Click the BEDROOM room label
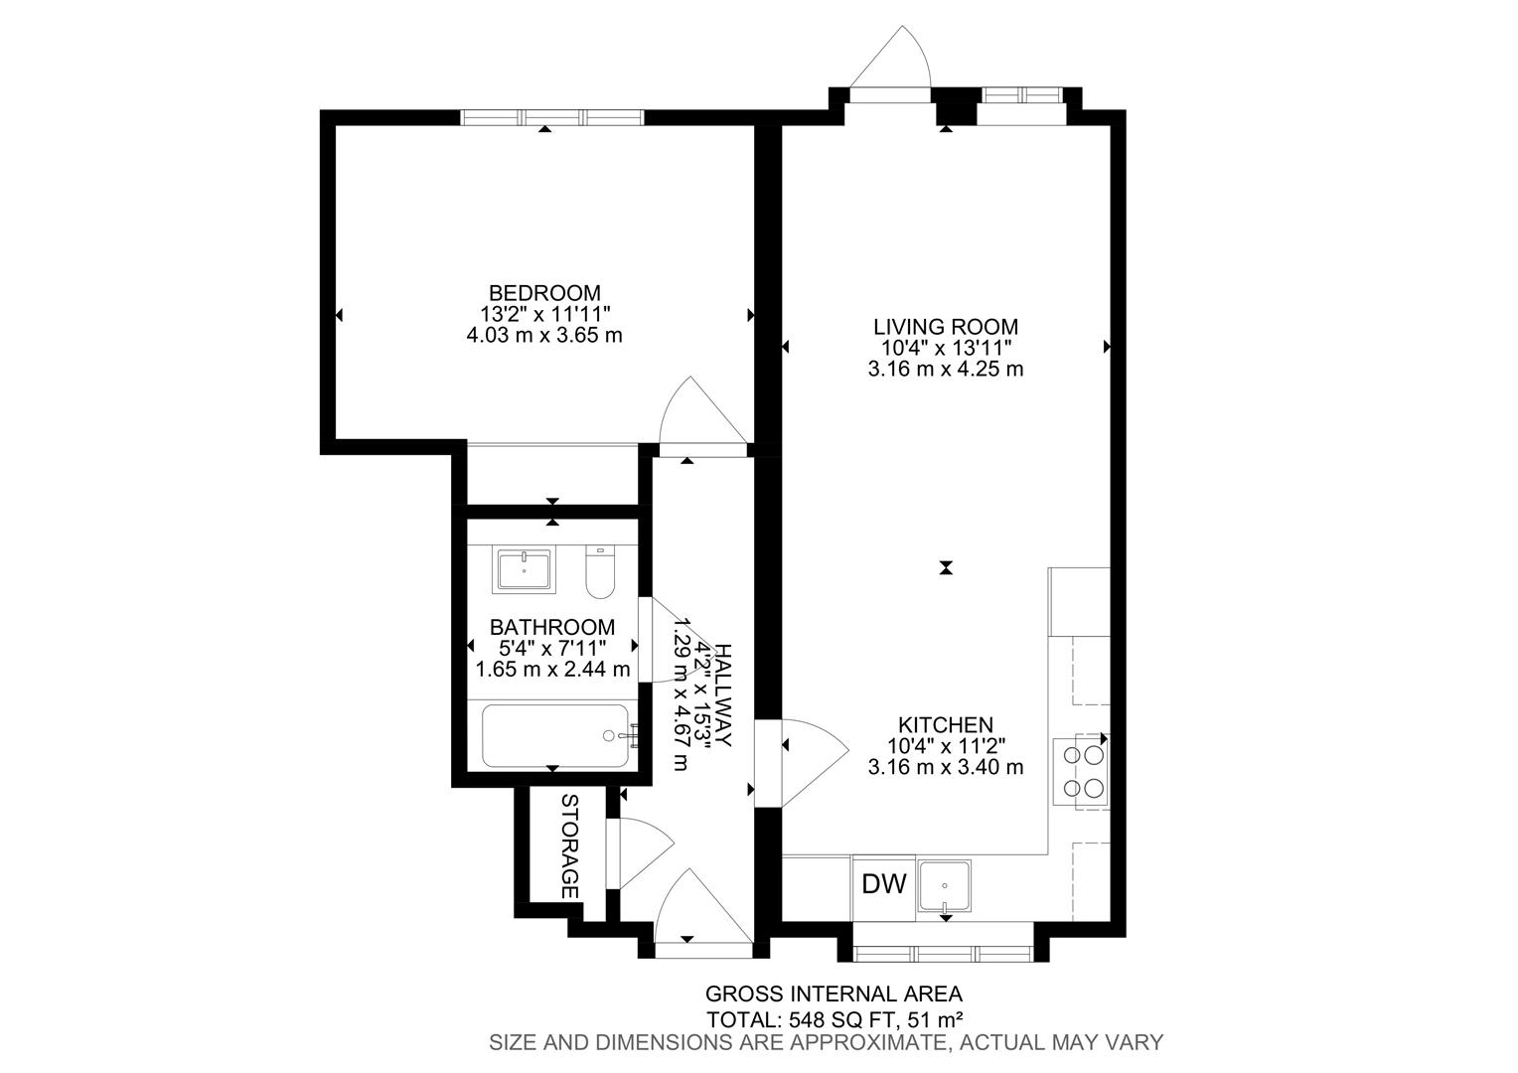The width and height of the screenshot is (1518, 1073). (544, 293)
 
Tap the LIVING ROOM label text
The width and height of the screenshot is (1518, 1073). (945, 326)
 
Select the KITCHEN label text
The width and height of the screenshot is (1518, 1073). (945, 725)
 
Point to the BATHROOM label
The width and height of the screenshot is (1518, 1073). (552, 628)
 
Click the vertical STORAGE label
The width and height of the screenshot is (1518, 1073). (570, 846)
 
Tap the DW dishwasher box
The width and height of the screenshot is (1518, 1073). (883, 883)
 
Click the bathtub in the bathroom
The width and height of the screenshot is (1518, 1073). (554, 735)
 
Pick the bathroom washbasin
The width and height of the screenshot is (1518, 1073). (525, 571)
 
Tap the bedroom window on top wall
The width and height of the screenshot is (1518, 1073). (552, 117)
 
